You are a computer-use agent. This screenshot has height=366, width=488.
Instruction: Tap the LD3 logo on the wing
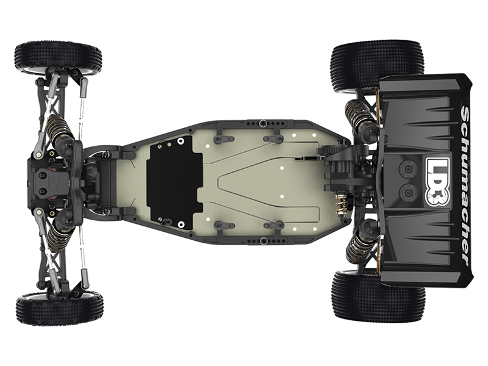(x=438, y=182)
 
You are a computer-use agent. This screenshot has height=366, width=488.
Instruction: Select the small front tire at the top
(x=58, y=59)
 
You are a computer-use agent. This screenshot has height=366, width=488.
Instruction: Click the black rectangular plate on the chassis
(x=174, y=183)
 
